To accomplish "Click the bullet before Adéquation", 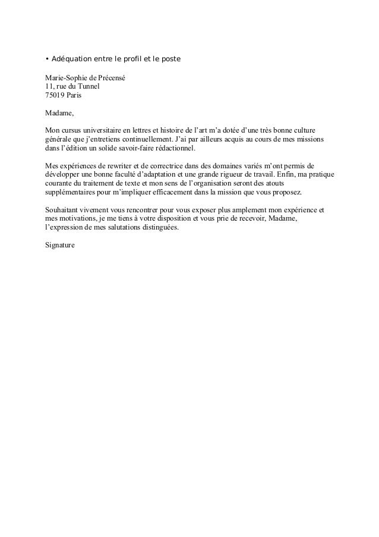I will (x=47, y=60).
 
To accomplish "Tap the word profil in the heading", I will (x=140, y=60).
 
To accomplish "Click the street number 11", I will (x=49, y=86).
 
